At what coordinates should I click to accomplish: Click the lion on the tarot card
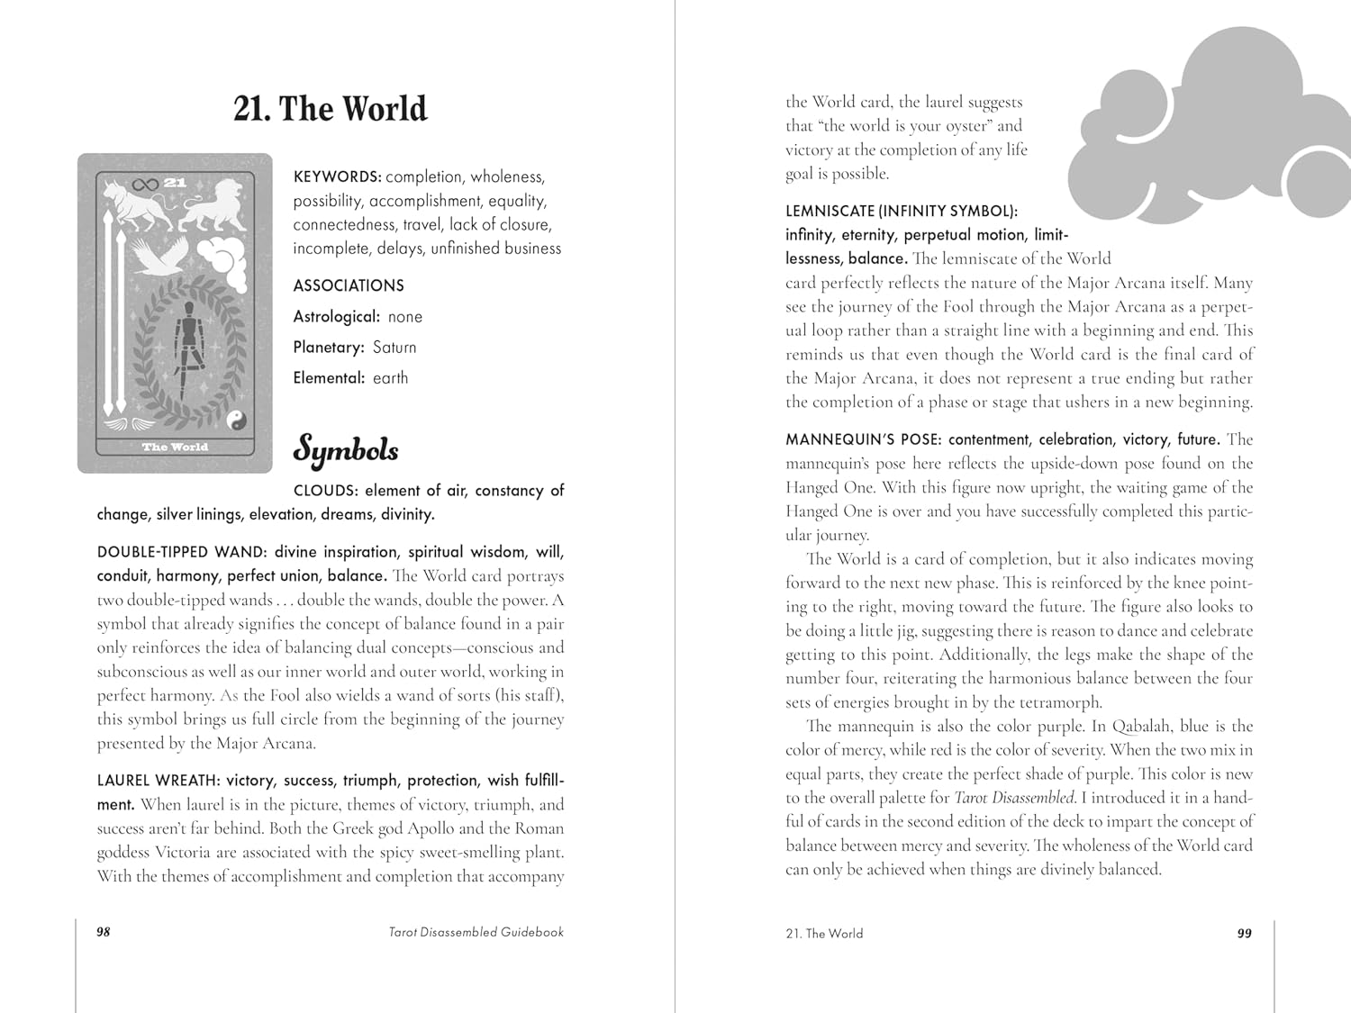click(212, 207)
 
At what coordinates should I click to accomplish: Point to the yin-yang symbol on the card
click(235, 419)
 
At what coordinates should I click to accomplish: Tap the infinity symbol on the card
click(145, 185)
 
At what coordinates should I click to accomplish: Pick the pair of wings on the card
click(116, 422)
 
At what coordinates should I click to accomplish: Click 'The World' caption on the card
click(175, 447)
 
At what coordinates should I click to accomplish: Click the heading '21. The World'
click(330, 109)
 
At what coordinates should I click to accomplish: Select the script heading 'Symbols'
click(345, 449)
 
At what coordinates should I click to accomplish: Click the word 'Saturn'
click(394, 348)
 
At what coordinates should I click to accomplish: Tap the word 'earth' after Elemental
click(390, 378)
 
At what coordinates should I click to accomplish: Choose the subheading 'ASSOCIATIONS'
click(349, 285)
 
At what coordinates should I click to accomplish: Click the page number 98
click(104, 932)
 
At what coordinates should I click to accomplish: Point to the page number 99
click(1244, 933)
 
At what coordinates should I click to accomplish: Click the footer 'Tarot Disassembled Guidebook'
click(476, 932)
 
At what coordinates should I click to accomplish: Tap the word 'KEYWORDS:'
click(337, 177)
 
